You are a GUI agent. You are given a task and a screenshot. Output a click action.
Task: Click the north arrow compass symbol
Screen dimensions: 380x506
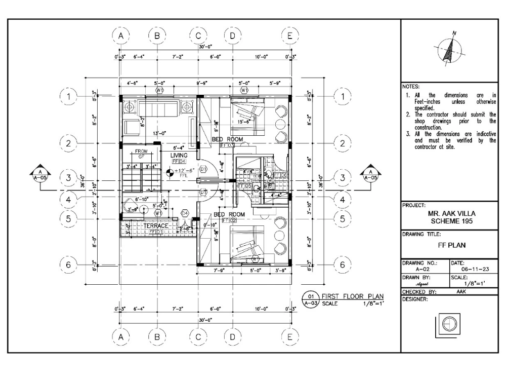coord(448,51)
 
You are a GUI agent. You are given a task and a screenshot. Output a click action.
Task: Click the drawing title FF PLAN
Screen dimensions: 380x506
coord(452,245)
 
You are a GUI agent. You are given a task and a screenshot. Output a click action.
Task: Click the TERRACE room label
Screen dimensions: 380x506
coord(155,225)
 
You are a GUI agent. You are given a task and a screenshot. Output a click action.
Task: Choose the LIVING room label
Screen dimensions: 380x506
coord(179,155)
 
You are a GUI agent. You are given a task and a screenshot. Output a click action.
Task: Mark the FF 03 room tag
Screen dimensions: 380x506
coord(227,145)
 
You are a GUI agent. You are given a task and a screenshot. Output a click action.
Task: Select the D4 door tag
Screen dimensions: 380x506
coord(185,213)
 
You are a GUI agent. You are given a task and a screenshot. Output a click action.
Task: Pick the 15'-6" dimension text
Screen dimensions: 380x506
coord(244,122)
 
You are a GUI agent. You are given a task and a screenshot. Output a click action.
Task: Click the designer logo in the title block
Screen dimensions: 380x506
coord(447,325)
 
